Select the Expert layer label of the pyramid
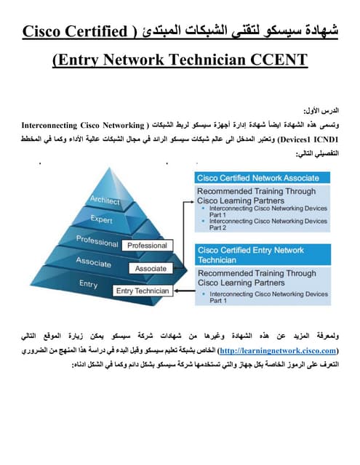pos(102,218)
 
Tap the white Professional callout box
pos(147,246)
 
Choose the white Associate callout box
pos(151,268)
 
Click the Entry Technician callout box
pos(143,291)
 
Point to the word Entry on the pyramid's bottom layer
pos(88,284)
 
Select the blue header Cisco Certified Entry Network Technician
pos(252,254)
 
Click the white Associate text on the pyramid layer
pos(92,262)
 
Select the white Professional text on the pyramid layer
pos(97,240)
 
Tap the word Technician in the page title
pos(194,60)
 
